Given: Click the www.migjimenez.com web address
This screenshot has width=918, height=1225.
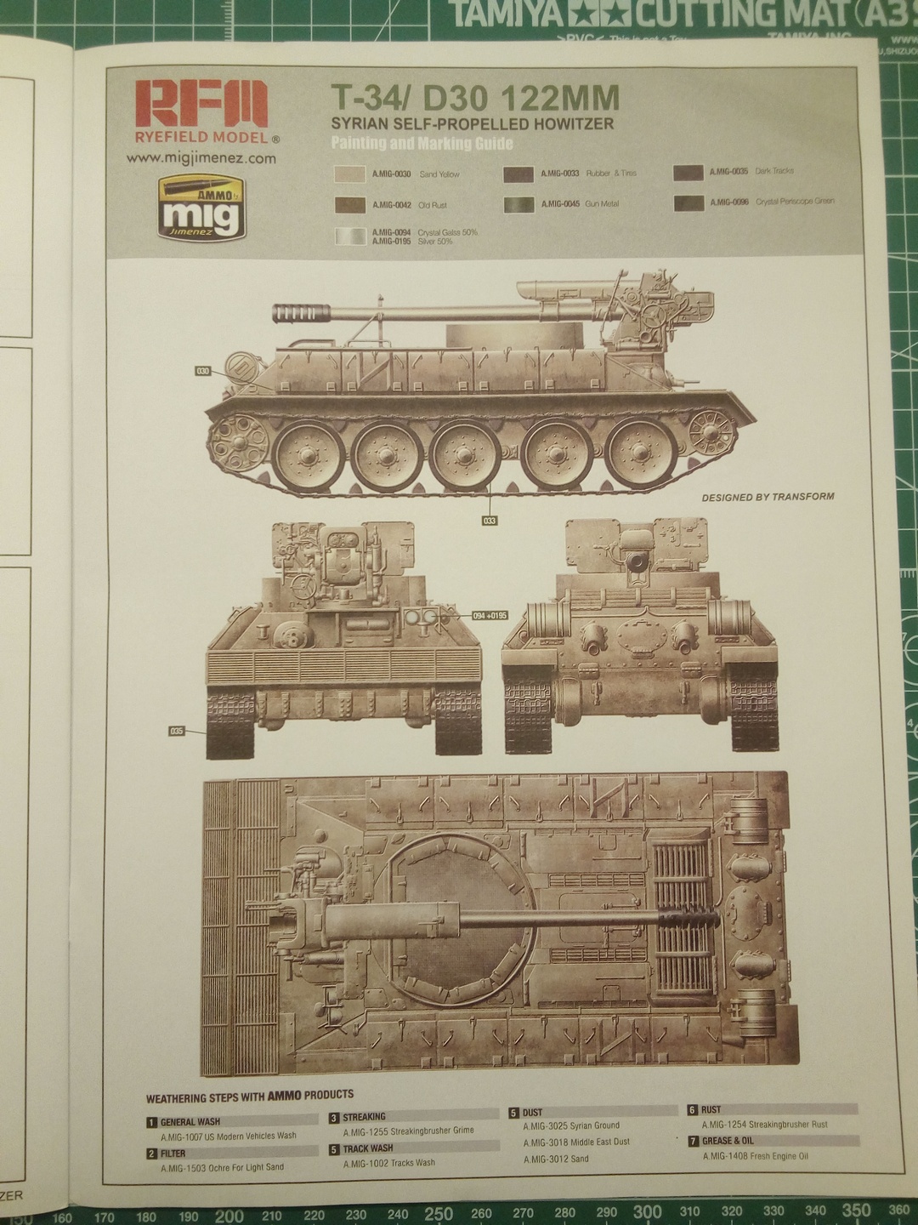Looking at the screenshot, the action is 201,158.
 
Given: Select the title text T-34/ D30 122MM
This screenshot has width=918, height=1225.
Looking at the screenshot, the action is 474,99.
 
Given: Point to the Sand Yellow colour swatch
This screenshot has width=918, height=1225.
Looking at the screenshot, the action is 350,174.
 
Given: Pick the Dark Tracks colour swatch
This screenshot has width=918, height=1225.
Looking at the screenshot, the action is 688,173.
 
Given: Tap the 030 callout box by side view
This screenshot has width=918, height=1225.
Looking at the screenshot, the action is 202,371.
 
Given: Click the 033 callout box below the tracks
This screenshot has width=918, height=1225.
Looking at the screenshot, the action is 490,520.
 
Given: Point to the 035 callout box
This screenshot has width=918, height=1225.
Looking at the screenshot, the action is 178,730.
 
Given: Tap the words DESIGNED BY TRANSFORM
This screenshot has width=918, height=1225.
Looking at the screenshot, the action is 768,497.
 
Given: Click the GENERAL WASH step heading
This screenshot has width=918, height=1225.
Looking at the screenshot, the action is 190,1122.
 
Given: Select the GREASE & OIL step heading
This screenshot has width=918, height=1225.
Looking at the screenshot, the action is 728,1141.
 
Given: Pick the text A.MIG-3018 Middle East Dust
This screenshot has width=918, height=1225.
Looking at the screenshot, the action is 576,1142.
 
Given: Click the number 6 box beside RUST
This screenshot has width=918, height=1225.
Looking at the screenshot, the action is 693,1110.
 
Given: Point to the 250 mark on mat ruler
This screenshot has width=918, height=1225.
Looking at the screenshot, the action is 439,1213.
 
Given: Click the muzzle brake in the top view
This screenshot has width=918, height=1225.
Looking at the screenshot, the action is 690,915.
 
